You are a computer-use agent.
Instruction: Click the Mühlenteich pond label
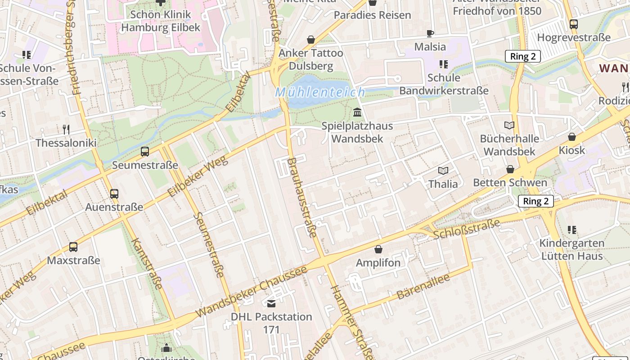(x=320, y=93)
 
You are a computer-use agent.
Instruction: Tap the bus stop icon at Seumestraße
(x=145, y=152)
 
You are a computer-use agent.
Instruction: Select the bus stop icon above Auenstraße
(x=114, y=194)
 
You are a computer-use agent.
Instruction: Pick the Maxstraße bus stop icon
(x=73, y=247)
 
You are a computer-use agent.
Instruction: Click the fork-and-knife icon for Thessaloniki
(x=66, y=130)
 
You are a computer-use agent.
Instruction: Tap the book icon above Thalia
(x=443, y=171)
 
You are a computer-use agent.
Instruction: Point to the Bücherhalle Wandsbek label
(x=509, y=145)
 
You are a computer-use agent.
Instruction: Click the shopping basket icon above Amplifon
(x=378, y=249)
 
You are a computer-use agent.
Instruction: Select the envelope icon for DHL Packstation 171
(x=271, y=304)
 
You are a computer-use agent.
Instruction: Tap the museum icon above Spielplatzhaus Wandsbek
(x=357, y=112)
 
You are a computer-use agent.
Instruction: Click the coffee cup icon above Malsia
(x=430, y=33)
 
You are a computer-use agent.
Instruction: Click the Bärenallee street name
(x=423, y=287)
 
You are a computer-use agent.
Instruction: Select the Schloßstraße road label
(x=467, y=229)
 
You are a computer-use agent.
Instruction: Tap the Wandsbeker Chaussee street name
(x=252, y=291)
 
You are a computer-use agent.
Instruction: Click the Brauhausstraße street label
(x=302, y=198)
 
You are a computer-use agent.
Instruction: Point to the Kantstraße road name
(x=147, y=263)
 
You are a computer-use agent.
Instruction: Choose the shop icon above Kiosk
(x=572, y=137)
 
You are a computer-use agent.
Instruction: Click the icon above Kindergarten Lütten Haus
(x=571, y=230)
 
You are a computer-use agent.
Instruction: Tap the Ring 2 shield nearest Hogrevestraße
(x=522, y=56)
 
